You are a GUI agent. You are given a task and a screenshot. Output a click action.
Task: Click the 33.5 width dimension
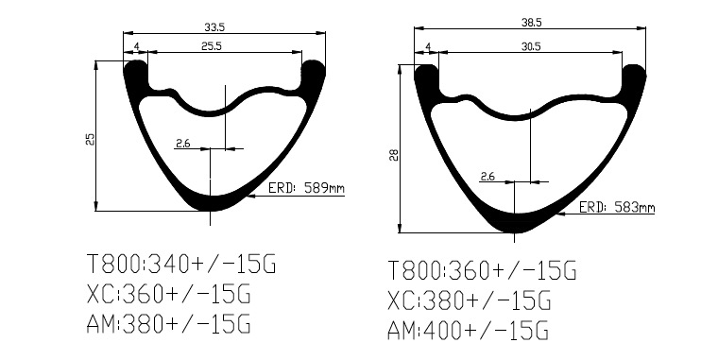214,27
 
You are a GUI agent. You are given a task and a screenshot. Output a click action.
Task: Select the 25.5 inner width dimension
212,46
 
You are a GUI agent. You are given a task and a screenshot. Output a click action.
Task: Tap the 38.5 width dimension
531,23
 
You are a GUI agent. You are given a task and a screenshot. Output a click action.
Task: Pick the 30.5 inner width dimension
531,46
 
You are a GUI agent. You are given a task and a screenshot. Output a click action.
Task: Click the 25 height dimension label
90,139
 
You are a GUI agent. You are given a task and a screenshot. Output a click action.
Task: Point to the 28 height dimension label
394,155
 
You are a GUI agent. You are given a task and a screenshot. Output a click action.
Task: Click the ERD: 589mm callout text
306,188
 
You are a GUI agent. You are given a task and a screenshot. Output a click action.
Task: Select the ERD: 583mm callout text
617,208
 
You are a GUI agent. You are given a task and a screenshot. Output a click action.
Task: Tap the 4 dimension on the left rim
136,46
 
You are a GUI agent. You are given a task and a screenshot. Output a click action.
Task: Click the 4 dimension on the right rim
428,46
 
